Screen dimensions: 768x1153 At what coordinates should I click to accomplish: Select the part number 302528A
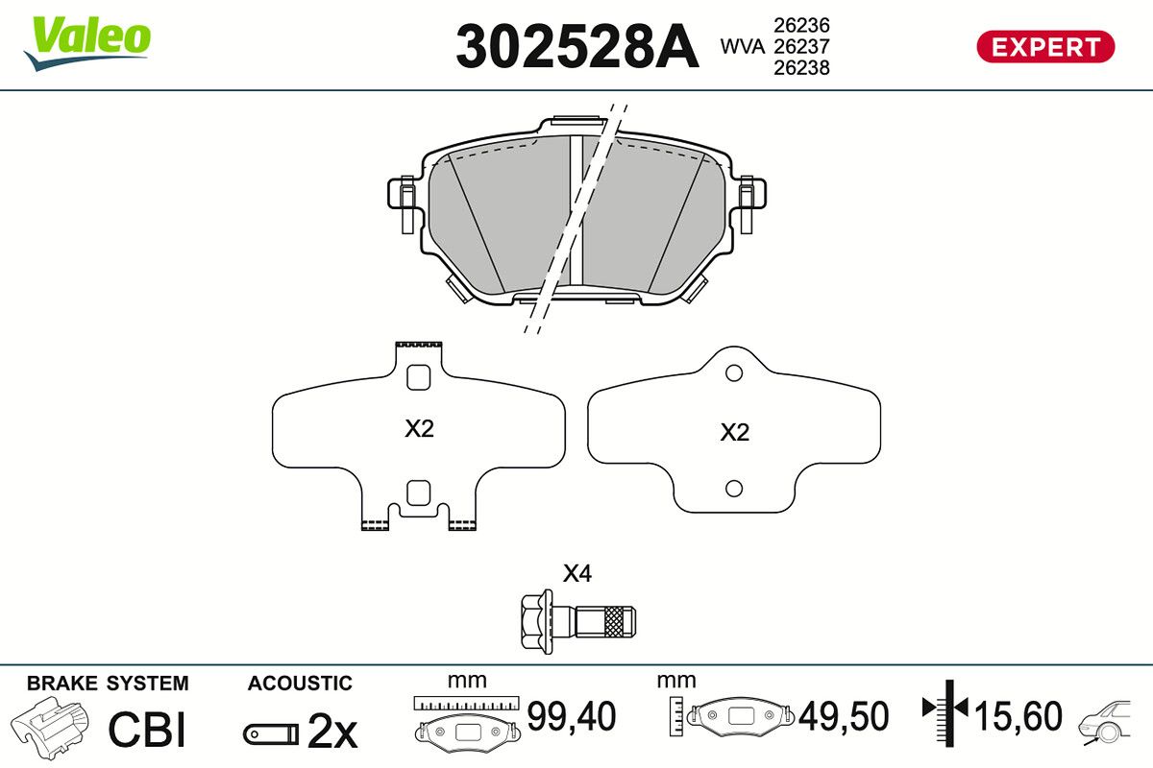click(576, 45)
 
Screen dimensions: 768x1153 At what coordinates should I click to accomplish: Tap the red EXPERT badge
click(1045, 46)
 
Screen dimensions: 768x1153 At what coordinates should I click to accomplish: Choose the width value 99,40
click(571, 716)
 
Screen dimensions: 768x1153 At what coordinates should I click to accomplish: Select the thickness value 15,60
click(1018, 716)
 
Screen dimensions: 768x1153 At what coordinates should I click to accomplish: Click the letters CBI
click(146, 730)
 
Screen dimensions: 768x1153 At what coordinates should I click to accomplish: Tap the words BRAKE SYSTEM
click(108, 684)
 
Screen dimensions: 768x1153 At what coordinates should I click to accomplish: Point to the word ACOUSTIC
click(300, 684)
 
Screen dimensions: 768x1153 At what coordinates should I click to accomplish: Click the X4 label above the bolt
click(576, 574)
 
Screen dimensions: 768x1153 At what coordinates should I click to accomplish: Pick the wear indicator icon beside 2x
click(270, 733)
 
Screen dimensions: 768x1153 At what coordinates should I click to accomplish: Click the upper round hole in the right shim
click(734, 372)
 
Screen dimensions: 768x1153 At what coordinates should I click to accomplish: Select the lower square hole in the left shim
click(418, 493)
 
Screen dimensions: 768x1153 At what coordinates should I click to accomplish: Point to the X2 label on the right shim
click(734, 433)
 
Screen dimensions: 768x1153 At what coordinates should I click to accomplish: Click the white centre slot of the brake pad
click(577, 211)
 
